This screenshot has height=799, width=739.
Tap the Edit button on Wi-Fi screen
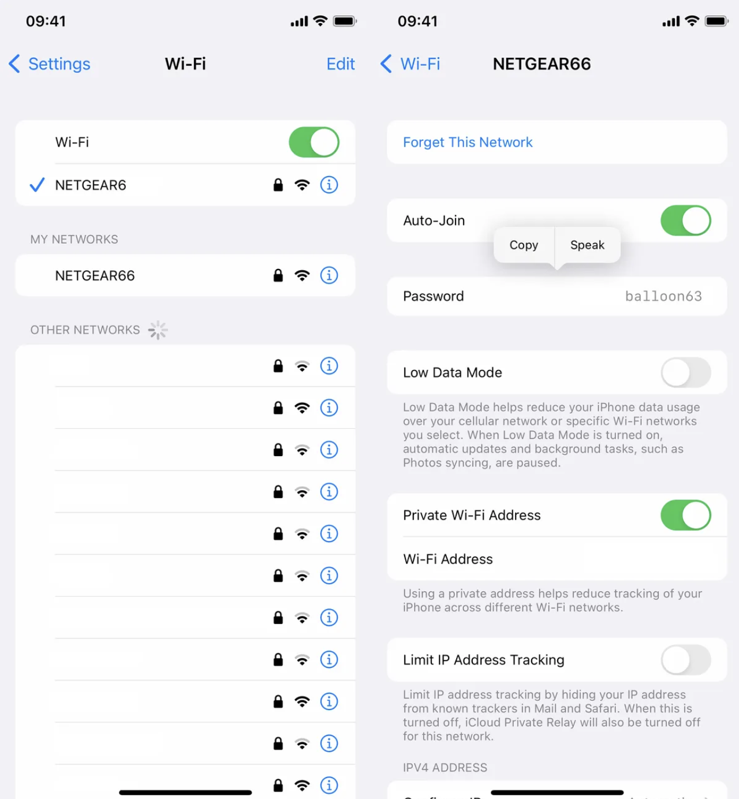coord(340,64)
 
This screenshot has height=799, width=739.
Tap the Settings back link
coord(50,64)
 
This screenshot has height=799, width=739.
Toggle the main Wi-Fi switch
coord(314,142)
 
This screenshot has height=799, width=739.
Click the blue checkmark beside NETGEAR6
coord(37,185)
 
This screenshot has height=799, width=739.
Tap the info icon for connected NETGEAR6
coord(329,185)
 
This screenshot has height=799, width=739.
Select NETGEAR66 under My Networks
coord(95,276)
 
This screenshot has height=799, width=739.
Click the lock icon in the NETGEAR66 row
coord(278,275)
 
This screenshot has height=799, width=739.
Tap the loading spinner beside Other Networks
coord(157,330)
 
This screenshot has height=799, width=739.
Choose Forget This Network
coord(468,142)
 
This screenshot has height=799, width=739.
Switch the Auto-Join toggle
coord(685,221)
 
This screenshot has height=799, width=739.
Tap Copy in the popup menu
coord(524,245)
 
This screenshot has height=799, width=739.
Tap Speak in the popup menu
coord(587,245)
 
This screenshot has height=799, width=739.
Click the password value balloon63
coord(663,296)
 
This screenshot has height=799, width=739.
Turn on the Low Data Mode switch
coord(685,372)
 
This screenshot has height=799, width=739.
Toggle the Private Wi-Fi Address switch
coord(685,515)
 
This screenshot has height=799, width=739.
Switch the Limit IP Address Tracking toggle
coord(685,660)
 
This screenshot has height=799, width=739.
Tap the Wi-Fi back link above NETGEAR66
coord(411,64)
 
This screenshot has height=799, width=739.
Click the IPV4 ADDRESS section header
coord(445,767)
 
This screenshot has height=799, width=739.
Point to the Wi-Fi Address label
coord(448,559)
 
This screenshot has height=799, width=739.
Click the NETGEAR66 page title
coord(542,64)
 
